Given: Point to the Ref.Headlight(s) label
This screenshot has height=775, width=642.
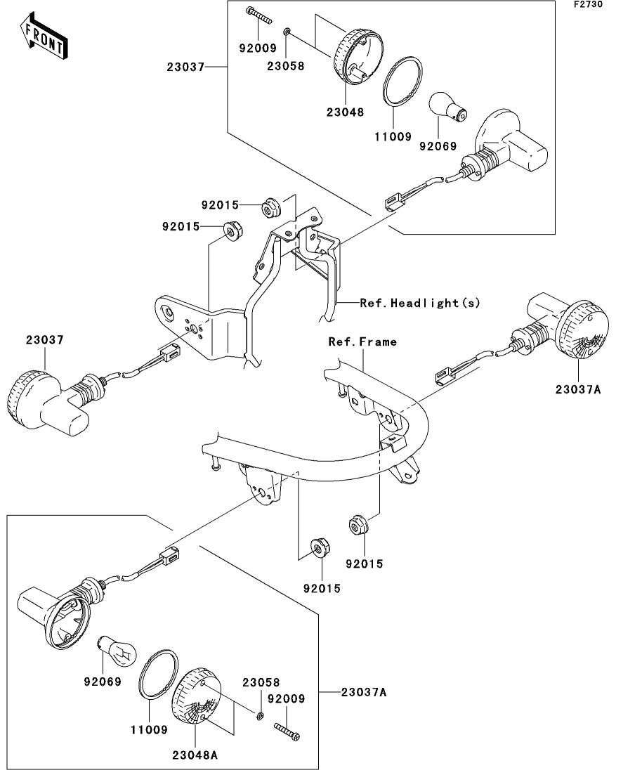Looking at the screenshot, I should click(x=420, y=303).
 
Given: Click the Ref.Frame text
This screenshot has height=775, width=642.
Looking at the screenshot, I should click(x=362, y=342).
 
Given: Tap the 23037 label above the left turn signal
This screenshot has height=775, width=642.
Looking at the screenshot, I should click(x=44, y=339).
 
